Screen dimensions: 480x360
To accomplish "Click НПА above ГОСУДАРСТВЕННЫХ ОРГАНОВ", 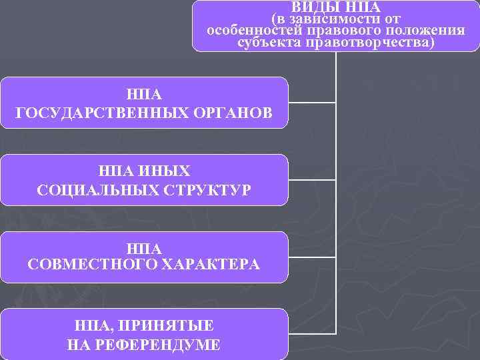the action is tap(144, 94).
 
